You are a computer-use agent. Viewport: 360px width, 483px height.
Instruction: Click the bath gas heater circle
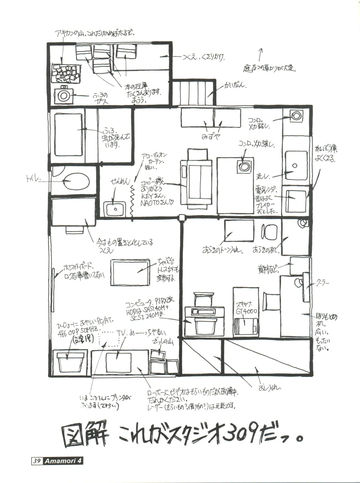coord(63,95)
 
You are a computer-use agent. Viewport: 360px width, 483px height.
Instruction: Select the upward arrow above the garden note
coord(261,53)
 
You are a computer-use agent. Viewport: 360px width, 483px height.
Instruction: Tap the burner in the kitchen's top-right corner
coord(297,116)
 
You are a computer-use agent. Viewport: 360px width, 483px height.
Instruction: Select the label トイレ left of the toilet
coord(33,180)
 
